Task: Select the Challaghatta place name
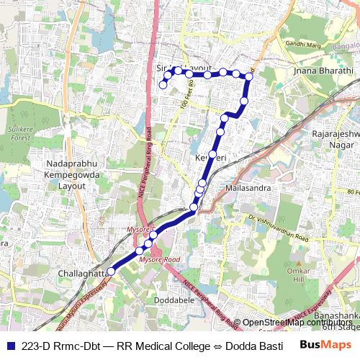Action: (81, 274)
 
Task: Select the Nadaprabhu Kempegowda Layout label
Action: (61, 175)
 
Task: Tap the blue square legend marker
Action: (9, 345)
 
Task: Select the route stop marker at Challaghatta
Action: (110, 272)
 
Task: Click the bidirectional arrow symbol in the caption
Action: (218, 345)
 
